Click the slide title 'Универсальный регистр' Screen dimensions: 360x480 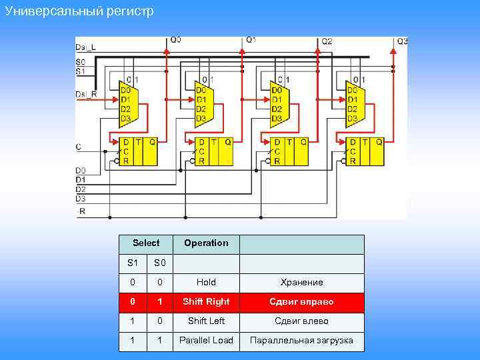(79, 11)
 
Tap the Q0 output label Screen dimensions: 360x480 (175, 40)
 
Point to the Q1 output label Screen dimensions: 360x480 (251, 40)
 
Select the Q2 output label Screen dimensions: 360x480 (327, 41)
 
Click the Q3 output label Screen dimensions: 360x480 (402, 41)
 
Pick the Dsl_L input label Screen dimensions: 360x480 (85, 47)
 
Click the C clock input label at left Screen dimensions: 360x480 (79, 147)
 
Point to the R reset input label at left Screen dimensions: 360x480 (82, 211)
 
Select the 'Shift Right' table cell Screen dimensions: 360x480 (206, 302)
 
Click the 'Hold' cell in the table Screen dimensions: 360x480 (206, 283)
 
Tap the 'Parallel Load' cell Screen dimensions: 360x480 (206, 341)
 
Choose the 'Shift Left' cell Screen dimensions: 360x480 (206, 321)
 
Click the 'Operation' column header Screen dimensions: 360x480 (206, 243)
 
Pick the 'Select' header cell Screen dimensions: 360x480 (146, 243)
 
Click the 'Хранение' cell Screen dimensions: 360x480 (301, 283)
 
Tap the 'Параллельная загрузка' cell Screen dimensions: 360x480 (301, 341)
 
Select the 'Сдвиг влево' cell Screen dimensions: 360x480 (301, 321)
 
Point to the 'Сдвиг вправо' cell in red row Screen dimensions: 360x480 (301, 302)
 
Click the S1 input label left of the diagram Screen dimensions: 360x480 (81, 71)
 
